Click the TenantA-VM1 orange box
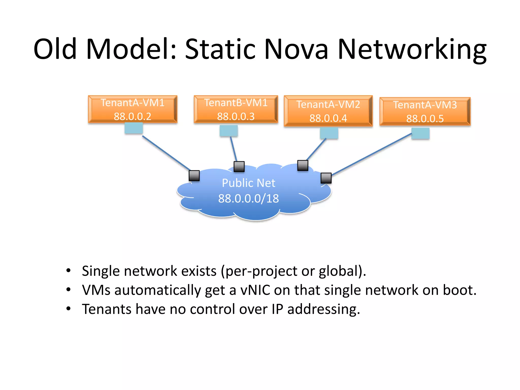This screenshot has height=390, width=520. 133,109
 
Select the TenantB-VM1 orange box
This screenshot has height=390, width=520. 236,109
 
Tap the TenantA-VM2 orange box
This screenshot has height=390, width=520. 328,111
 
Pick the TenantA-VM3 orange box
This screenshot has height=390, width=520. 425,111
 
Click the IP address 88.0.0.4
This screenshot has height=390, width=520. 328,118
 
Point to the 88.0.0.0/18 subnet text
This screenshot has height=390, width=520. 248,199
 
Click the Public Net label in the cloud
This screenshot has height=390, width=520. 248,183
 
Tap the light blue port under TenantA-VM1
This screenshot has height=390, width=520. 134,128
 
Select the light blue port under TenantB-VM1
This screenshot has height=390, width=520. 229,131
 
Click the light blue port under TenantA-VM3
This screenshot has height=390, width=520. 420,133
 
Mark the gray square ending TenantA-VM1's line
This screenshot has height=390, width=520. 194,175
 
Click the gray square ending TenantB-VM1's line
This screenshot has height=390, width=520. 239,167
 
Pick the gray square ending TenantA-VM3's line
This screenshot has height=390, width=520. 326,178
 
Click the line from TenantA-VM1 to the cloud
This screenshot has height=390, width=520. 166,153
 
